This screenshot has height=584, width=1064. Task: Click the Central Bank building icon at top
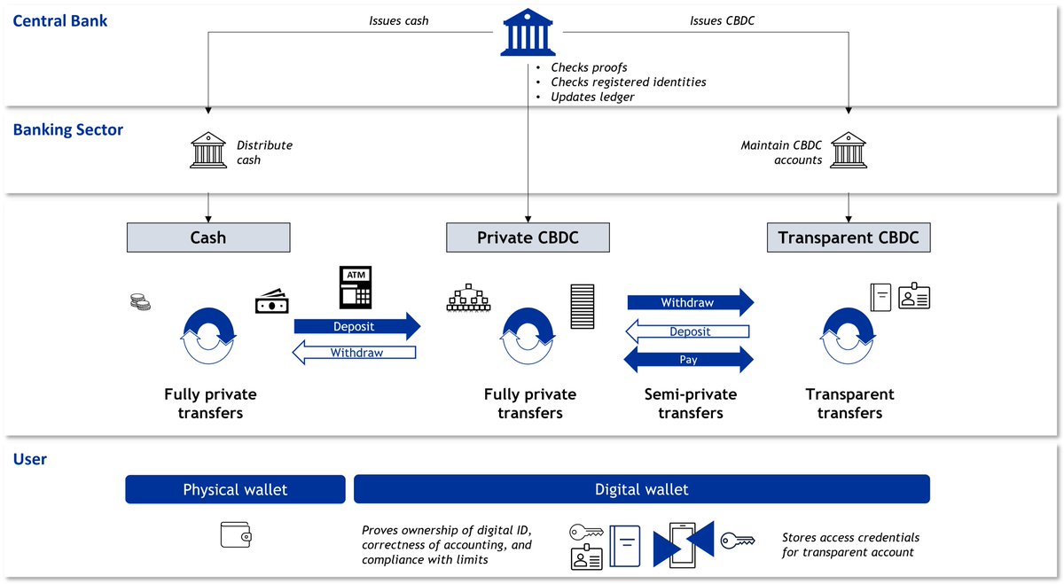point(528,33)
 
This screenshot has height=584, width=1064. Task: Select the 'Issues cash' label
point(398,20)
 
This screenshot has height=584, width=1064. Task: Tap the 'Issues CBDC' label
point(722,20)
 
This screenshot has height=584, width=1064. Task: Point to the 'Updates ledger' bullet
point(592,97)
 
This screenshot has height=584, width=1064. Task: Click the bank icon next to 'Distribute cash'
point(207,152)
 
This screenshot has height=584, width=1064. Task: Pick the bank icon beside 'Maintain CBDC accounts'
point(849,152)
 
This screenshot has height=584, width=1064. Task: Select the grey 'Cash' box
point(208,237)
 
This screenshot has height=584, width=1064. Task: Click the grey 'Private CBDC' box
point(528,237)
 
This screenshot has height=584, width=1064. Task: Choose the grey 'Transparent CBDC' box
point(849,237)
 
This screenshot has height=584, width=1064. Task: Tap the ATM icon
point(356,286)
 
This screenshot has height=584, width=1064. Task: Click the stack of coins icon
point(140,303)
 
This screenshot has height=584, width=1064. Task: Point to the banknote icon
point(271,303)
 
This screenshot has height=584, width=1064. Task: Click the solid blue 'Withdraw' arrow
point(690,302)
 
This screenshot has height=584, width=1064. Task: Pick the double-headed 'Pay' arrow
point(689,360)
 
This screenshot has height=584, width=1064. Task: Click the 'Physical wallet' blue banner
point(235,489)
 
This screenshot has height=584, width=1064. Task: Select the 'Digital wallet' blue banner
point(641,489)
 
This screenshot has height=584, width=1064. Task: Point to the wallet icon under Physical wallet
point(236,534)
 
